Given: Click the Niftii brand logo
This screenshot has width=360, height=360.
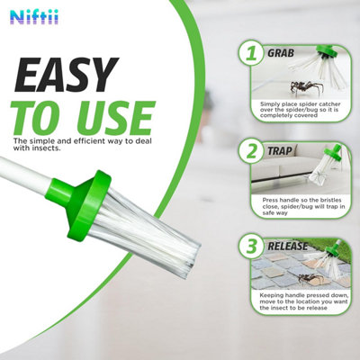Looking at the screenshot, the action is (34, 17).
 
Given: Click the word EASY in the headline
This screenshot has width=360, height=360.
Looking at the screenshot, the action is (67, 75).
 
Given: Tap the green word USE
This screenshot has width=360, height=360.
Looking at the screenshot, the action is (117, 118).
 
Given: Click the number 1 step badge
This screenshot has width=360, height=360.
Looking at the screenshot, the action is (251, 54).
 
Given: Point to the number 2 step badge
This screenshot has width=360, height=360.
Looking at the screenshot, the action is (251, 151).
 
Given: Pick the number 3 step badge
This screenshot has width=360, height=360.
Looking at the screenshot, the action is (251, 247).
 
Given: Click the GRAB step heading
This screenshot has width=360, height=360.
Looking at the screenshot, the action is (281, 53).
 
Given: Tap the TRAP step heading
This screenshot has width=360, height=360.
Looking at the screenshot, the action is (280, 151).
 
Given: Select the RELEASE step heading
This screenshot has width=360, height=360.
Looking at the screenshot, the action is (288, 247).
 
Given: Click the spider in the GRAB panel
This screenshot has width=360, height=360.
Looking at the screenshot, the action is (307, 88).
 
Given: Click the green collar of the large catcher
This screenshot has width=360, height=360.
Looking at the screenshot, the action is (79, 204).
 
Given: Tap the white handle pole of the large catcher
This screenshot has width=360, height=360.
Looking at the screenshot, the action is (24, 174).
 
